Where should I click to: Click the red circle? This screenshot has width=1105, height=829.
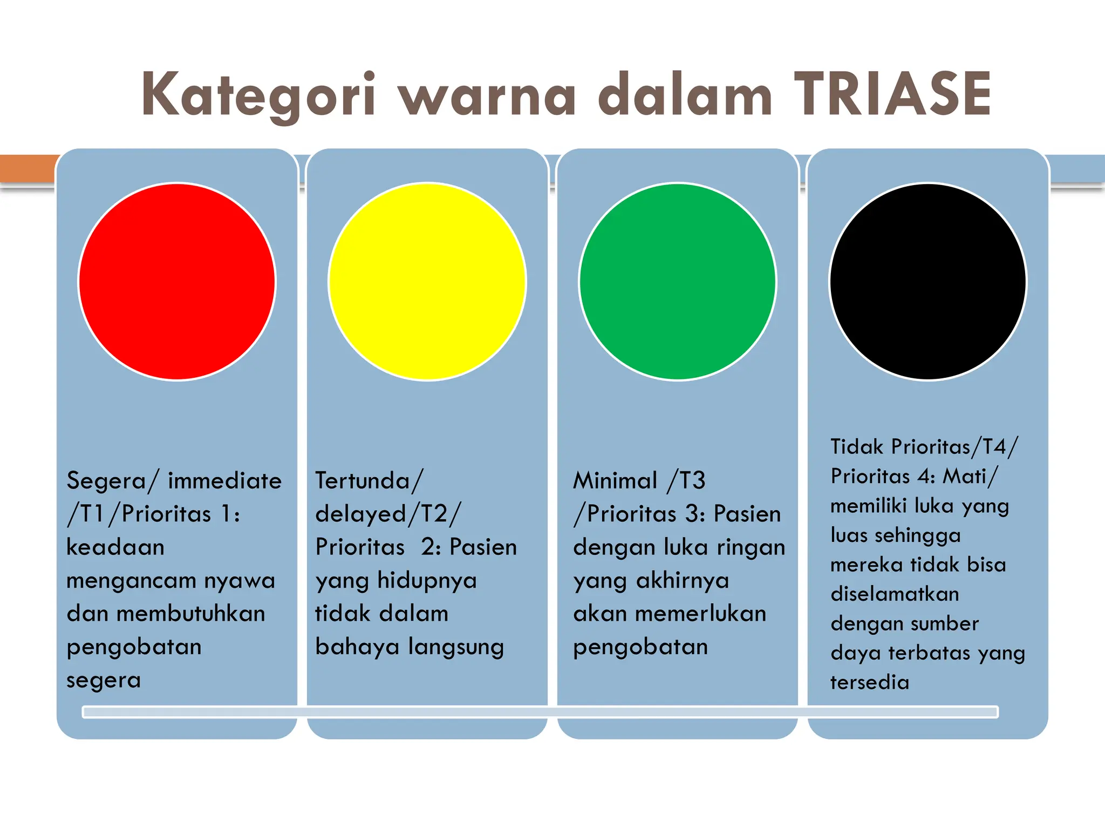coord(177,282)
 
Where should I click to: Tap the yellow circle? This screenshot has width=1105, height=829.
coord(427,282)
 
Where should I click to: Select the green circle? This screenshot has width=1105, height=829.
coord(678,282)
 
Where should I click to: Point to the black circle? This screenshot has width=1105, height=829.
coord(928,282)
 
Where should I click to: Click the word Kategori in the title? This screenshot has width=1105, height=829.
coord(258,96)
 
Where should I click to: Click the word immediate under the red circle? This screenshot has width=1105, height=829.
coord(224,480)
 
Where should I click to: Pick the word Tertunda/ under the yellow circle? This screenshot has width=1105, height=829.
coord(370,480)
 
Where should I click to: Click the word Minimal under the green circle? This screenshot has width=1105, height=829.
coord(615,480)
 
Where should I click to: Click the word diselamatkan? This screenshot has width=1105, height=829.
coord(895,594)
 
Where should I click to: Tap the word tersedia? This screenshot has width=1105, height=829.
coord(870,682)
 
